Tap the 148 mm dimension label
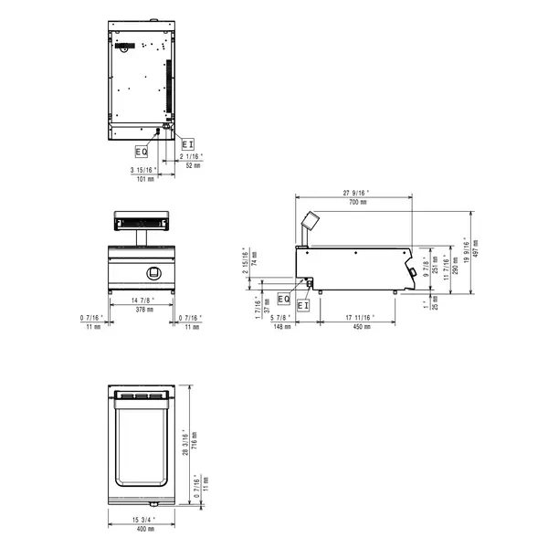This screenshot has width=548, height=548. click(x=281, y=326)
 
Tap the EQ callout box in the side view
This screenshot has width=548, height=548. click(x=283, y=299)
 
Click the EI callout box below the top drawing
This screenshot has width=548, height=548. click(x=187, y=144)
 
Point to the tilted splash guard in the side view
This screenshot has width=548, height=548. click(x=311, y=220)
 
